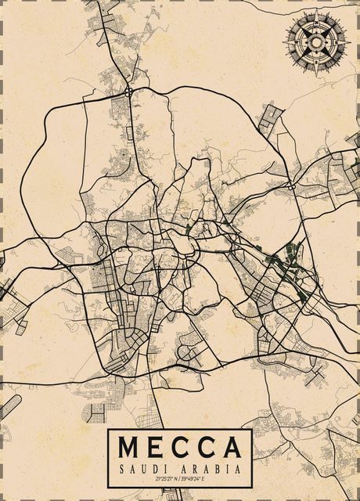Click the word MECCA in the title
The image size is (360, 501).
180,447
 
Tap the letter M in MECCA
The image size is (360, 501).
131,447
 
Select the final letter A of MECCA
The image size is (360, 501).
231,447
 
